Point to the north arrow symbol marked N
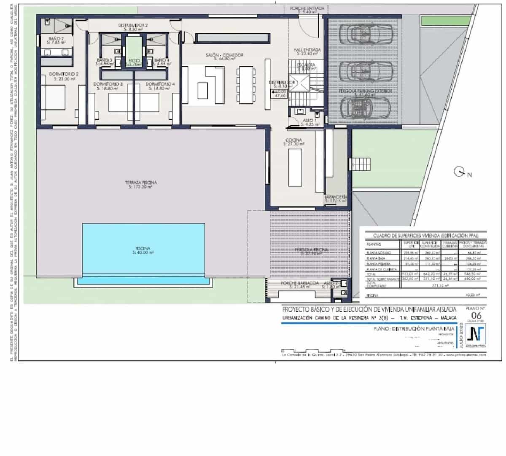point(459,172)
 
